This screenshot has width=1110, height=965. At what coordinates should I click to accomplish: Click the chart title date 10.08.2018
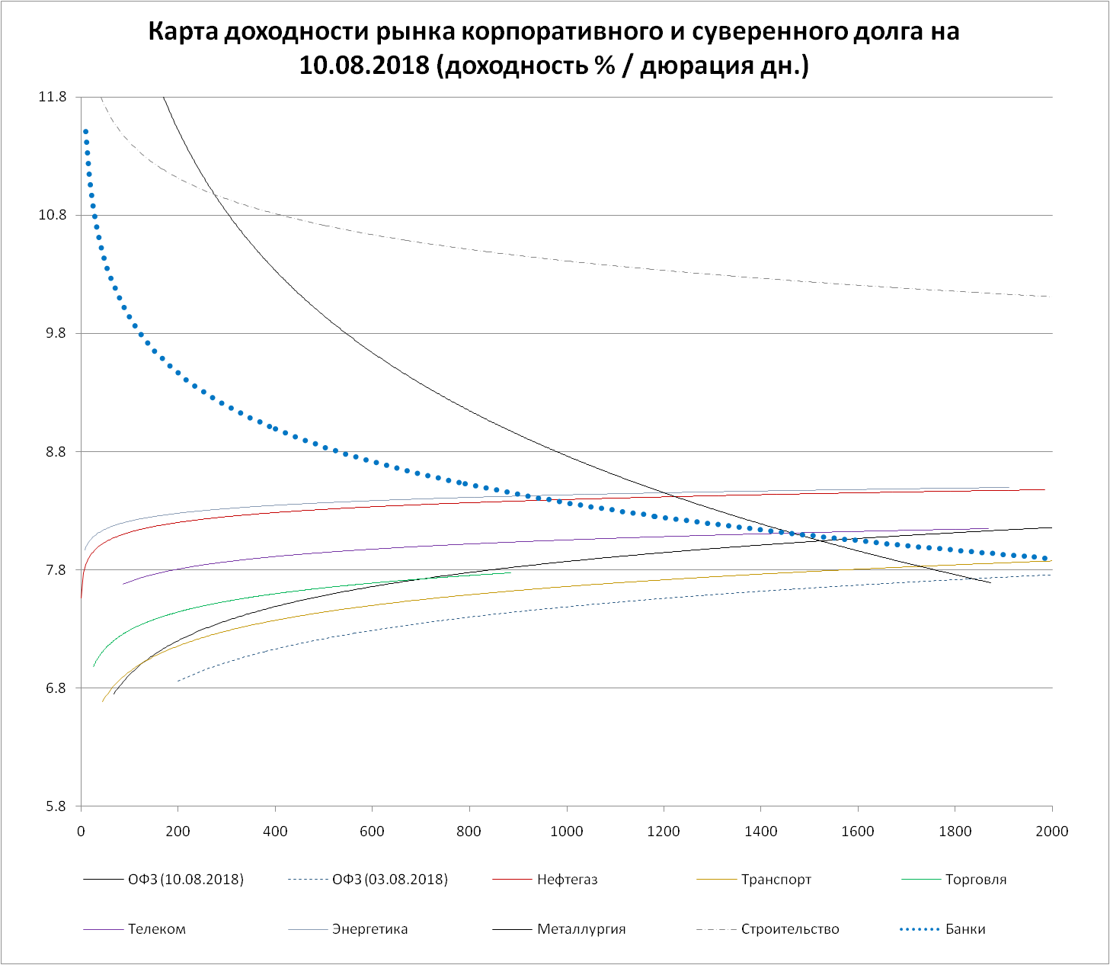[x=365, y=66]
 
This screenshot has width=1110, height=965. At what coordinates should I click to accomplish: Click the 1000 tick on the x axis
[x=567, y=831]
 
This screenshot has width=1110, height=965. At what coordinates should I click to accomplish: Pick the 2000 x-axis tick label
[x=1052, y=831]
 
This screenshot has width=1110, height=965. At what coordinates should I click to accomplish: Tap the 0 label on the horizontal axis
[x=81, y=831]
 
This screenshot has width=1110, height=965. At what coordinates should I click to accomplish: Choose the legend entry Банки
[x=965, y=929]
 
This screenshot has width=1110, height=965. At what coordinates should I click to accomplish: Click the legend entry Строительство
[x=790, y=929]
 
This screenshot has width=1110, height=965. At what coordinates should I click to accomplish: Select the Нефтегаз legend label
[x=567, y=880]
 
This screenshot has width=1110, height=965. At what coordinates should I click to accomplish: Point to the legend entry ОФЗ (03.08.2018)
[x=390, y=880]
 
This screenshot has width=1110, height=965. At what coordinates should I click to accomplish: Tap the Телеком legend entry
[x=157, y=929]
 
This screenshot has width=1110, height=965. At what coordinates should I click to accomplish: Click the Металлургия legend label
[x=581, y=929]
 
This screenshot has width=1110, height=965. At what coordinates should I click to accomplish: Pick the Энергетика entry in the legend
[x=369, y=929]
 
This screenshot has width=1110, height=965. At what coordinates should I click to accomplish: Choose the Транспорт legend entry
[x=776, y=880]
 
